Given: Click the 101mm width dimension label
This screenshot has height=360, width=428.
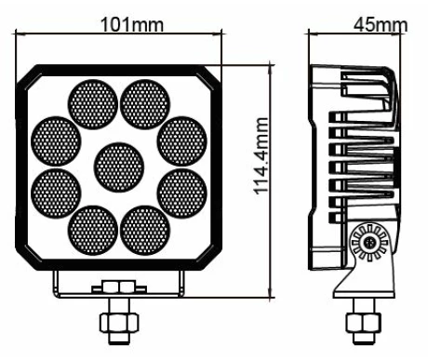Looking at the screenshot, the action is pyautogui.click(x=132, y=24).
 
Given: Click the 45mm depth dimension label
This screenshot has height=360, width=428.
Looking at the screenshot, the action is pyautogui.click(x=381, y=24).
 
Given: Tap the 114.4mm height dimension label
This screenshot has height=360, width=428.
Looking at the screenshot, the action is pyautogui.click(x=261, y=155).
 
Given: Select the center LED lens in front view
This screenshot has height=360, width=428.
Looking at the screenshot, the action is pyautogui.click(x=119, y=167).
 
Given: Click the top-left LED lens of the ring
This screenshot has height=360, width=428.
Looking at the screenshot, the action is pyautogui.click(x=93, y=104).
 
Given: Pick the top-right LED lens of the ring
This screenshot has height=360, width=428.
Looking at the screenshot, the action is pyautogui.click(x=145, y=104).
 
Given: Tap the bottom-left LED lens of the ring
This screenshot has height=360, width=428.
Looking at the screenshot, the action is pyautogui.click(x=93, y=230).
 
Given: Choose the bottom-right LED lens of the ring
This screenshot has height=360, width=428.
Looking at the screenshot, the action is pyautogui.click(x=145, y=230).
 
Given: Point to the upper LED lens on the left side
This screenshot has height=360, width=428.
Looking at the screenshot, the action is pyautogui.click(x=56, y=141).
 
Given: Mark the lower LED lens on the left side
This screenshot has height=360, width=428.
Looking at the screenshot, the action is pyautogui.click(x=56, y=193).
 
